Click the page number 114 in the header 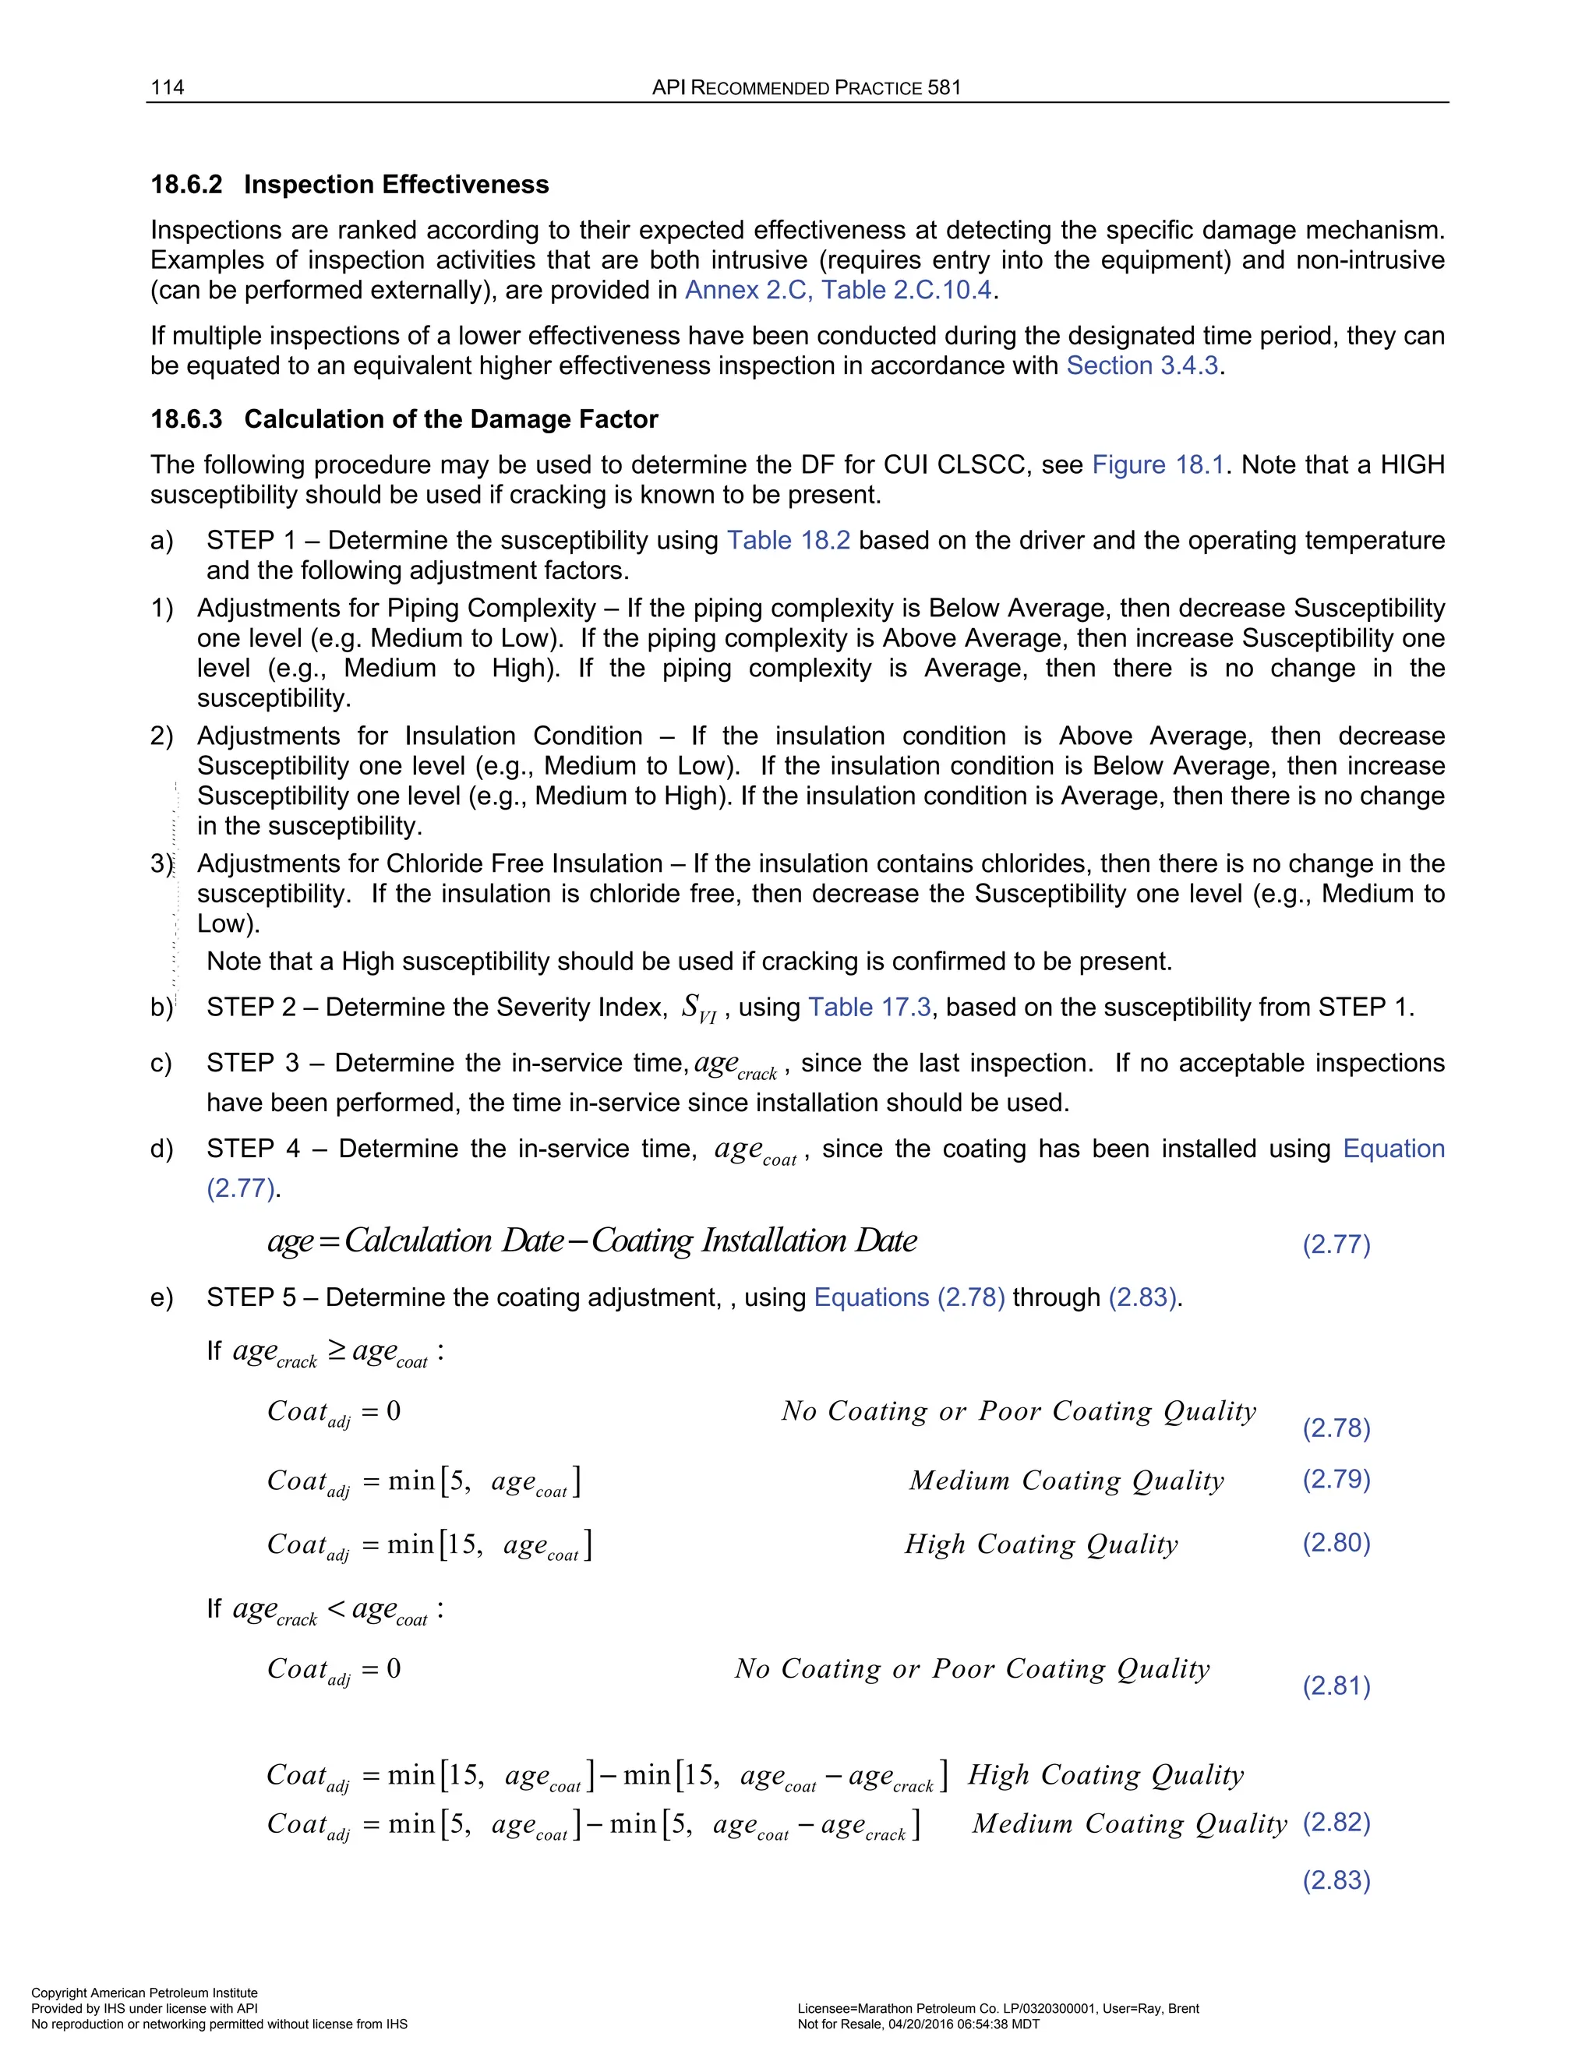pos(168,87)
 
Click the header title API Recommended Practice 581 pos(806,87)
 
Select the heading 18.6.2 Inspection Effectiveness pos(350,185)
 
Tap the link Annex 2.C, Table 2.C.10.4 pos(838,291)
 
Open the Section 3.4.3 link pos(1142,366)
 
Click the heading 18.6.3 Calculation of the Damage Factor pos(404,419)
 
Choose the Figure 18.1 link pos(1157,464)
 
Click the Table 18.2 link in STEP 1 pos(788,540)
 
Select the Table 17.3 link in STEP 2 pos(869,1007)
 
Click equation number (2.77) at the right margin pos(1336,1244)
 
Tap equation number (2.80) pos(1336,1542)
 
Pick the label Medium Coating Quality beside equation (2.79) pos(1067,1480)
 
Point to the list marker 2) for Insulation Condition pos(161,736)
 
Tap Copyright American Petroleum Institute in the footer pos(143,1993)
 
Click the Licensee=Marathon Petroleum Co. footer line pos(997,2008)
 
